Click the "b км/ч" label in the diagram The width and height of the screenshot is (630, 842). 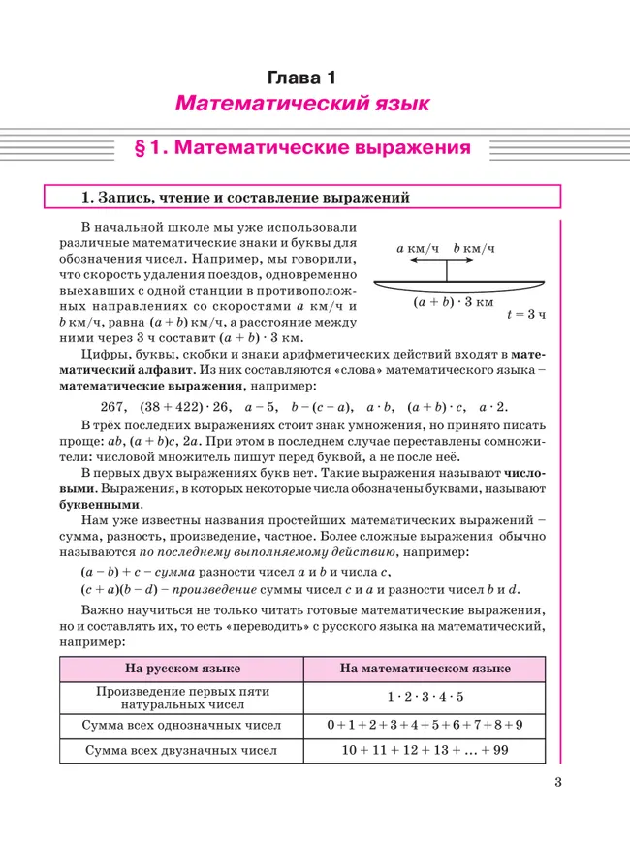(x=474, y=249)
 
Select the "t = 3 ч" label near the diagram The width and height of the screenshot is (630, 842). (x=527, y=315)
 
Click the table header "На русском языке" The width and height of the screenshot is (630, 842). (x=181, y=669)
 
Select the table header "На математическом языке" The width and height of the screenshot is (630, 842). (x=425, y=669)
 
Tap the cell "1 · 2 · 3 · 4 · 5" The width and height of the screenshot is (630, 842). (x=425, y=697)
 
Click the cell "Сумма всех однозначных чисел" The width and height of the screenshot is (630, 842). (x=181, y=724)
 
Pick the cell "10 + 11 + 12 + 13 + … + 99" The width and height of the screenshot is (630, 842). (x=425, y=750)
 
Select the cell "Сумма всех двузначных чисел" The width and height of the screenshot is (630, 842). (x=181, y=750)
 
